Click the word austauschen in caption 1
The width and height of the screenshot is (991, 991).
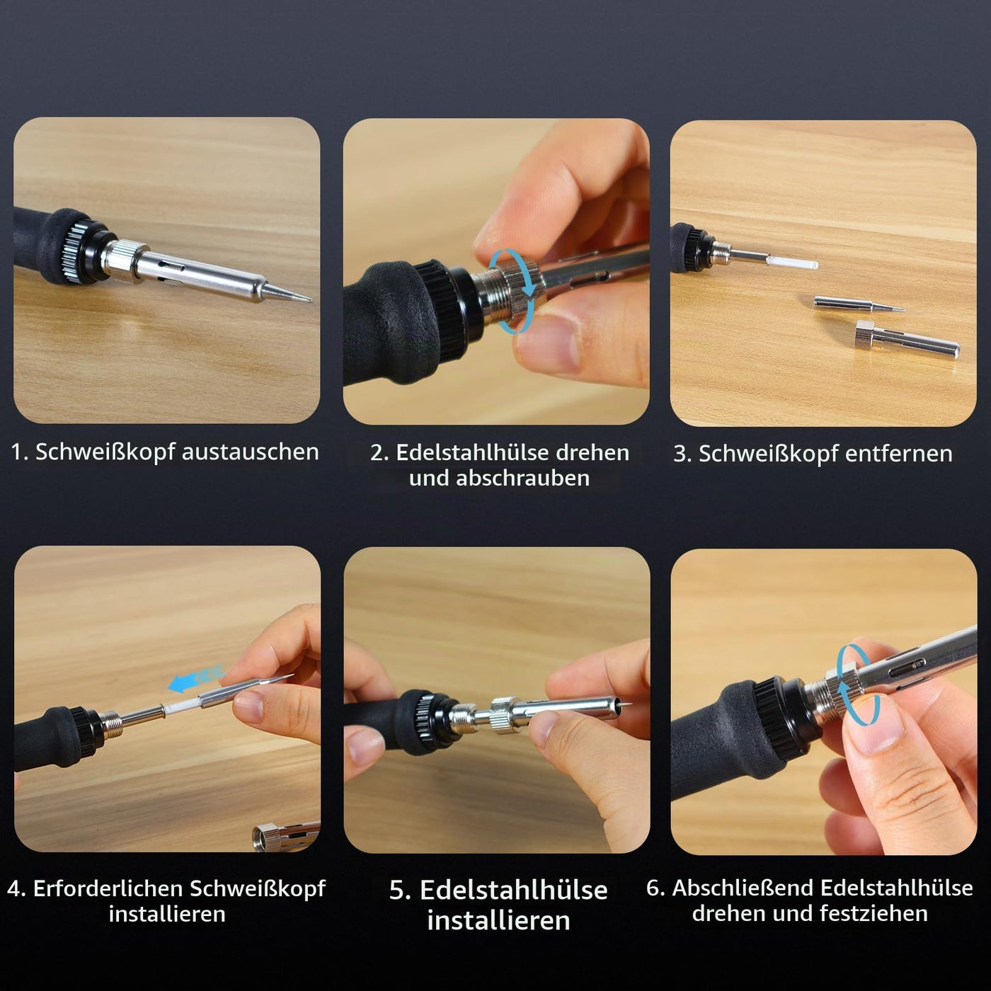click(250, 452)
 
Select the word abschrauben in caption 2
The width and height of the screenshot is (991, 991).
click(525, 478)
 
